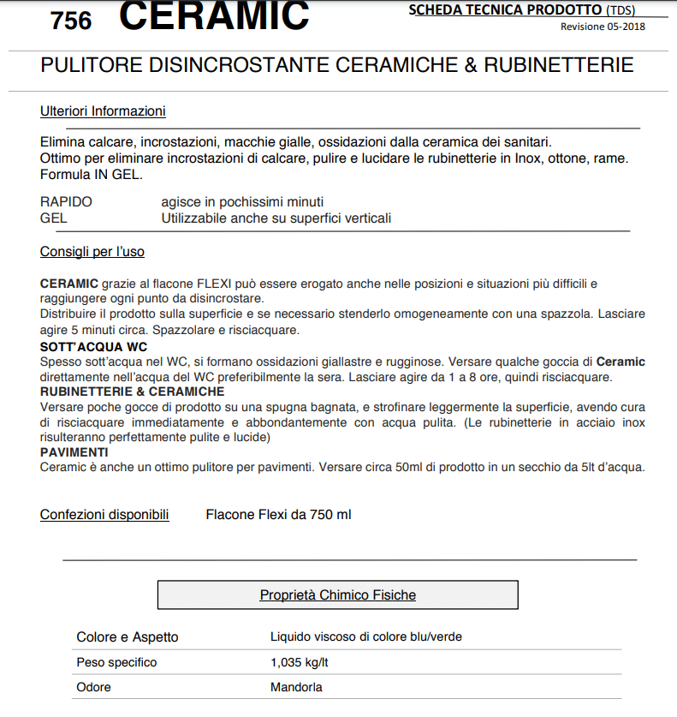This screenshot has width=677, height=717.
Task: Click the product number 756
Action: click(71, 20)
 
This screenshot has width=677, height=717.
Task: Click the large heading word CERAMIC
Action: click(214, 15)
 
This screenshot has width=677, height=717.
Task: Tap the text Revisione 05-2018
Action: click(603, 27)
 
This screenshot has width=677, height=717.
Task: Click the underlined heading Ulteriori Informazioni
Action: click(103, 111)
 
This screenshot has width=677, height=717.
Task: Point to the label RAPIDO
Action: click(66, 202)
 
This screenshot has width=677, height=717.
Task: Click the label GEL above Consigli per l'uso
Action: click(53, 218)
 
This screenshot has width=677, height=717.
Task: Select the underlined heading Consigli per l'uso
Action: click(92, 252)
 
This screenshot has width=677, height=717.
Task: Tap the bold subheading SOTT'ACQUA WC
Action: click(94, 347)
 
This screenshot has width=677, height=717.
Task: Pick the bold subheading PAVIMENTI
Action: click(74, 451)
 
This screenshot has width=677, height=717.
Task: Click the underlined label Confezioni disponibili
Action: click(104, 515)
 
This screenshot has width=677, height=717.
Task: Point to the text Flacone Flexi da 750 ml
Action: click(278, 515)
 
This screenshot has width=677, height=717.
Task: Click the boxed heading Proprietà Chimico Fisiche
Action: click(337, 595)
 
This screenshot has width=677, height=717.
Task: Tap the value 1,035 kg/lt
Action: click(300, 662)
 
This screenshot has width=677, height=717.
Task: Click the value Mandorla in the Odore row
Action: click(296, 687)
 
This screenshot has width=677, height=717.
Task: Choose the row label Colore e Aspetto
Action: click(128, 637)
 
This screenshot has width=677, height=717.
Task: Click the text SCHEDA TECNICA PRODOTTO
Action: click(505, 10)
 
